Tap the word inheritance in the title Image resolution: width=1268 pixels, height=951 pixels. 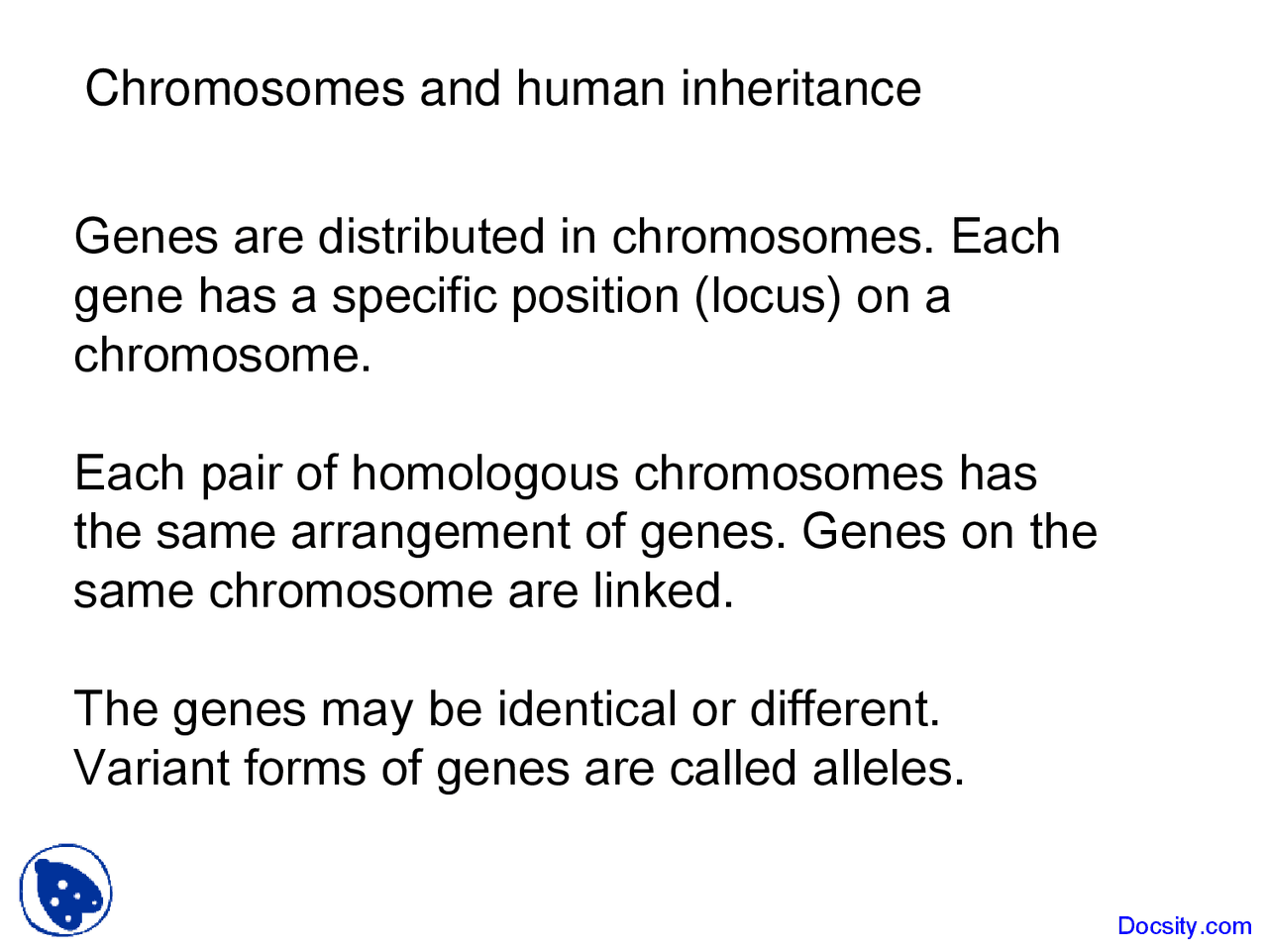point(800,88)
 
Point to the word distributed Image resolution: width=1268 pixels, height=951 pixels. point(432,237)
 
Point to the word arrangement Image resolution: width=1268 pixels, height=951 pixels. point(430,533)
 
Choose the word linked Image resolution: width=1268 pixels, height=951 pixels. point(664,591)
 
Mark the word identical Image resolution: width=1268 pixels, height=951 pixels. point(587,710)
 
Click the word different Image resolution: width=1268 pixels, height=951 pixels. point(845,710)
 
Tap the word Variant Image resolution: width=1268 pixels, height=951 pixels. point(152,769)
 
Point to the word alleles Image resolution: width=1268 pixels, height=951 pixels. point(889,769)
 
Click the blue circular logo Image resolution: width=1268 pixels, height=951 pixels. point(66,890)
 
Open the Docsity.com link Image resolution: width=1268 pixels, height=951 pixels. point(1184,926)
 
